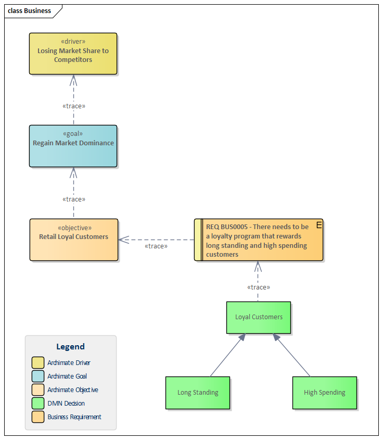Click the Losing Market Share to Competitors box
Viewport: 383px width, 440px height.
(x=73, y=54)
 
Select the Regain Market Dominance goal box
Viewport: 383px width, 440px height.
(x=73, y=146)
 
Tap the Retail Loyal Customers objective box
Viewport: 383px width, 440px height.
(x=73, y=240)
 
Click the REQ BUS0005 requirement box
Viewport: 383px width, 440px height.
(x=259, y=240)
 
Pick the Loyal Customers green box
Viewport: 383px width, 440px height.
(x=259, y=317)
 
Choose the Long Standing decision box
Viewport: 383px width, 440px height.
(x=197, y=393)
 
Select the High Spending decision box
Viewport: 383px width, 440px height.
(x=324, y=393)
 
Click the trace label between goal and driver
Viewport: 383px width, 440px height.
(x=73, y=106)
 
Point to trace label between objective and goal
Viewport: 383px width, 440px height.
(x=73, y=199)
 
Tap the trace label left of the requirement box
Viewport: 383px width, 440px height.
(x=156, y=246)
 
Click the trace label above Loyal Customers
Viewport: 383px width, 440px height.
(x=259, y=287)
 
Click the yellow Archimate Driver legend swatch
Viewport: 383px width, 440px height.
(x=38, y=362)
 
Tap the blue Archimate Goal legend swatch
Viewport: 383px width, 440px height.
(x=38, y=376)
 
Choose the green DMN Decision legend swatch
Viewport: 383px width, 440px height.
(x=38, y=403)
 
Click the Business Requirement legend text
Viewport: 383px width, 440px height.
(x=74, y=417)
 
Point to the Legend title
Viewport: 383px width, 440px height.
(x=70, y=347)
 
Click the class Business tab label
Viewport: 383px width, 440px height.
(x=30, y=11)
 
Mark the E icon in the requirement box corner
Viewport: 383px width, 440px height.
(x=318, y=224)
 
